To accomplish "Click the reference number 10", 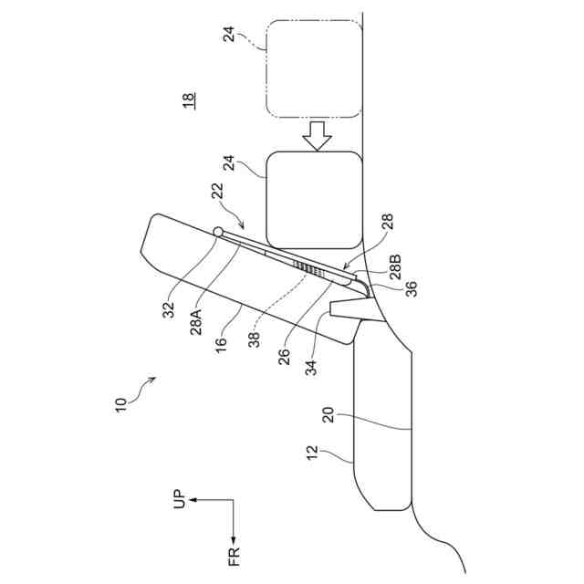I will pyautogui.click(x=123, y=402).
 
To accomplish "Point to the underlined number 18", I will pyautogui.click(x=189, y=101).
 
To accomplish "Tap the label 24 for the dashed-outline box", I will pyautogui.click(x=230, y=34).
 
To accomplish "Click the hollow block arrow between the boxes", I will pyautogui.click(x=318, y=135).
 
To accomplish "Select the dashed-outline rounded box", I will pyautogui.click(x=313, y=68).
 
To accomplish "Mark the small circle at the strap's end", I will pyautogui.click(x=218, y=232).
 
